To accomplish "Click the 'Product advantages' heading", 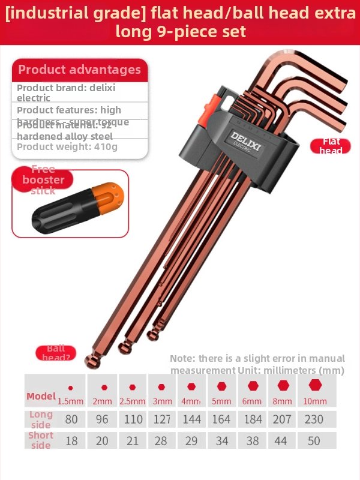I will click(x=79, y=70).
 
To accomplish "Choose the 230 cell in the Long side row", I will click(x=314, y=419).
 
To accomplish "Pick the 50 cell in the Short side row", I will click(x=314, y=441).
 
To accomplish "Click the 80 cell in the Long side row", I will click(x=71, y=419).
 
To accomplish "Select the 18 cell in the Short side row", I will click(x=71, y=441).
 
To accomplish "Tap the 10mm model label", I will click(x=314, y=400).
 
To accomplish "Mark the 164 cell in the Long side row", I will click(x=221, y=419).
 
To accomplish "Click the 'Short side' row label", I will click(x=41, y=440).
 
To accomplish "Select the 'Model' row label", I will click(x=41, y=396).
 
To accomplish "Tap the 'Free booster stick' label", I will click(x=43, y=179).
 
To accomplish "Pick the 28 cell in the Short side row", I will click(x=161, y=441).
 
